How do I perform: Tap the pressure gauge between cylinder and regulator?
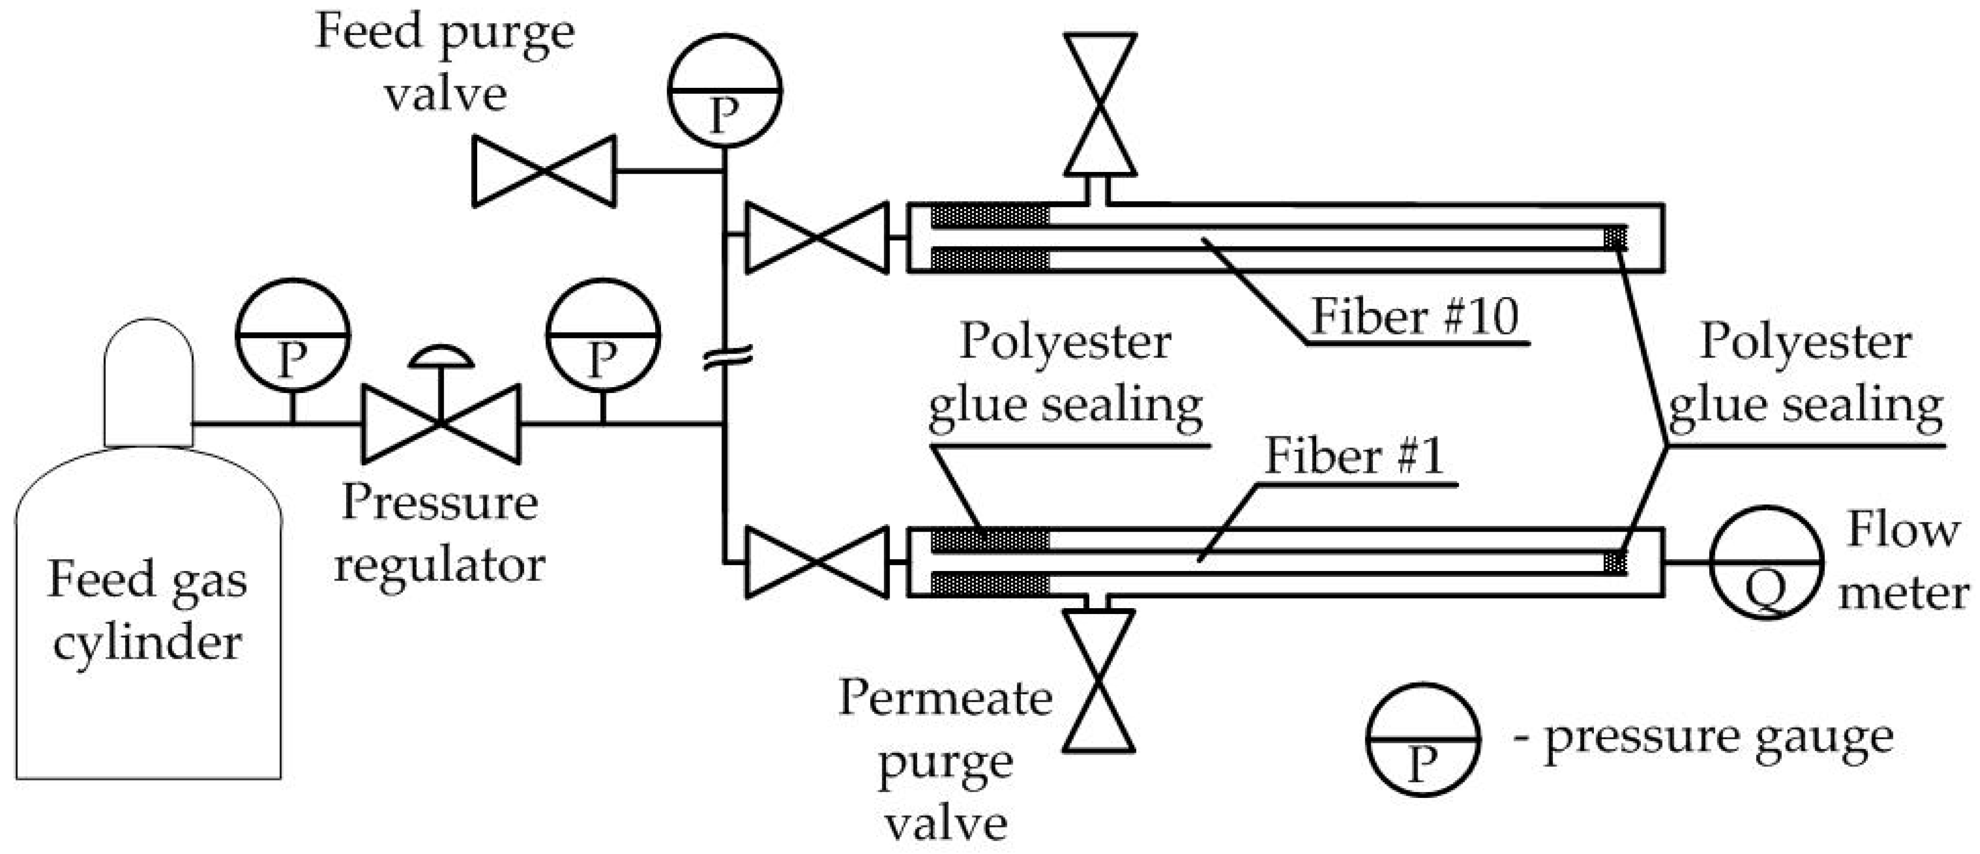point(292,336)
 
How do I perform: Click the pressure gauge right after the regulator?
point(603,336)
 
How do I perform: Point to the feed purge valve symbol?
point(544,171)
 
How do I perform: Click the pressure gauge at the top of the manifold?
point(724,91)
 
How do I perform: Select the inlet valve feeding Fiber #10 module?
point(817,238)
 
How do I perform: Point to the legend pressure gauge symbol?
point(1422,739)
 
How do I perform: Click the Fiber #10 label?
point(1414,316)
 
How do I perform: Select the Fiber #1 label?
point(1355,456)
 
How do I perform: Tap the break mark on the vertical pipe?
point(726,357)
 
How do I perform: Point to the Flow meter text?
point(1902,561)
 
